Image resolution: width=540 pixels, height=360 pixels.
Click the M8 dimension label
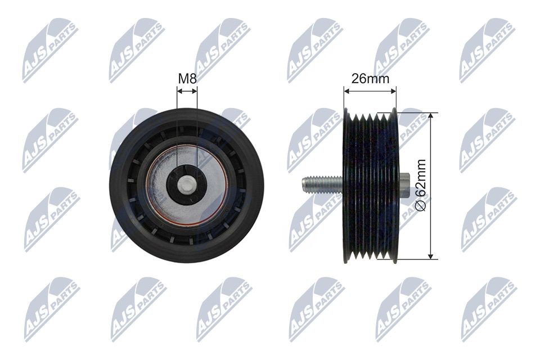click(x=187, y=79)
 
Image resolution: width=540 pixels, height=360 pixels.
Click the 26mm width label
click(x=370, y=79)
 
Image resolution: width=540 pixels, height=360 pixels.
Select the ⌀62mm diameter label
click(x=421, y=184)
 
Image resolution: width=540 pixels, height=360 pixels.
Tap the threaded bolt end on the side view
click(x=322, y=184)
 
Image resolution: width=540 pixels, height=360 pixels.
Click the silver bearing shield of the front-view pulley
click(x=186, y=184)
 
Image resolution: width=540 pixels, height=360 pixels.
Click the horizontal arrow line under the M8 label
click(x=187, y=91)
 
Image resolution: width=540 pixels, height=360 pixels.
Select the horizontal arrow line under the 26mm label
click(x=370, y=91)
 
